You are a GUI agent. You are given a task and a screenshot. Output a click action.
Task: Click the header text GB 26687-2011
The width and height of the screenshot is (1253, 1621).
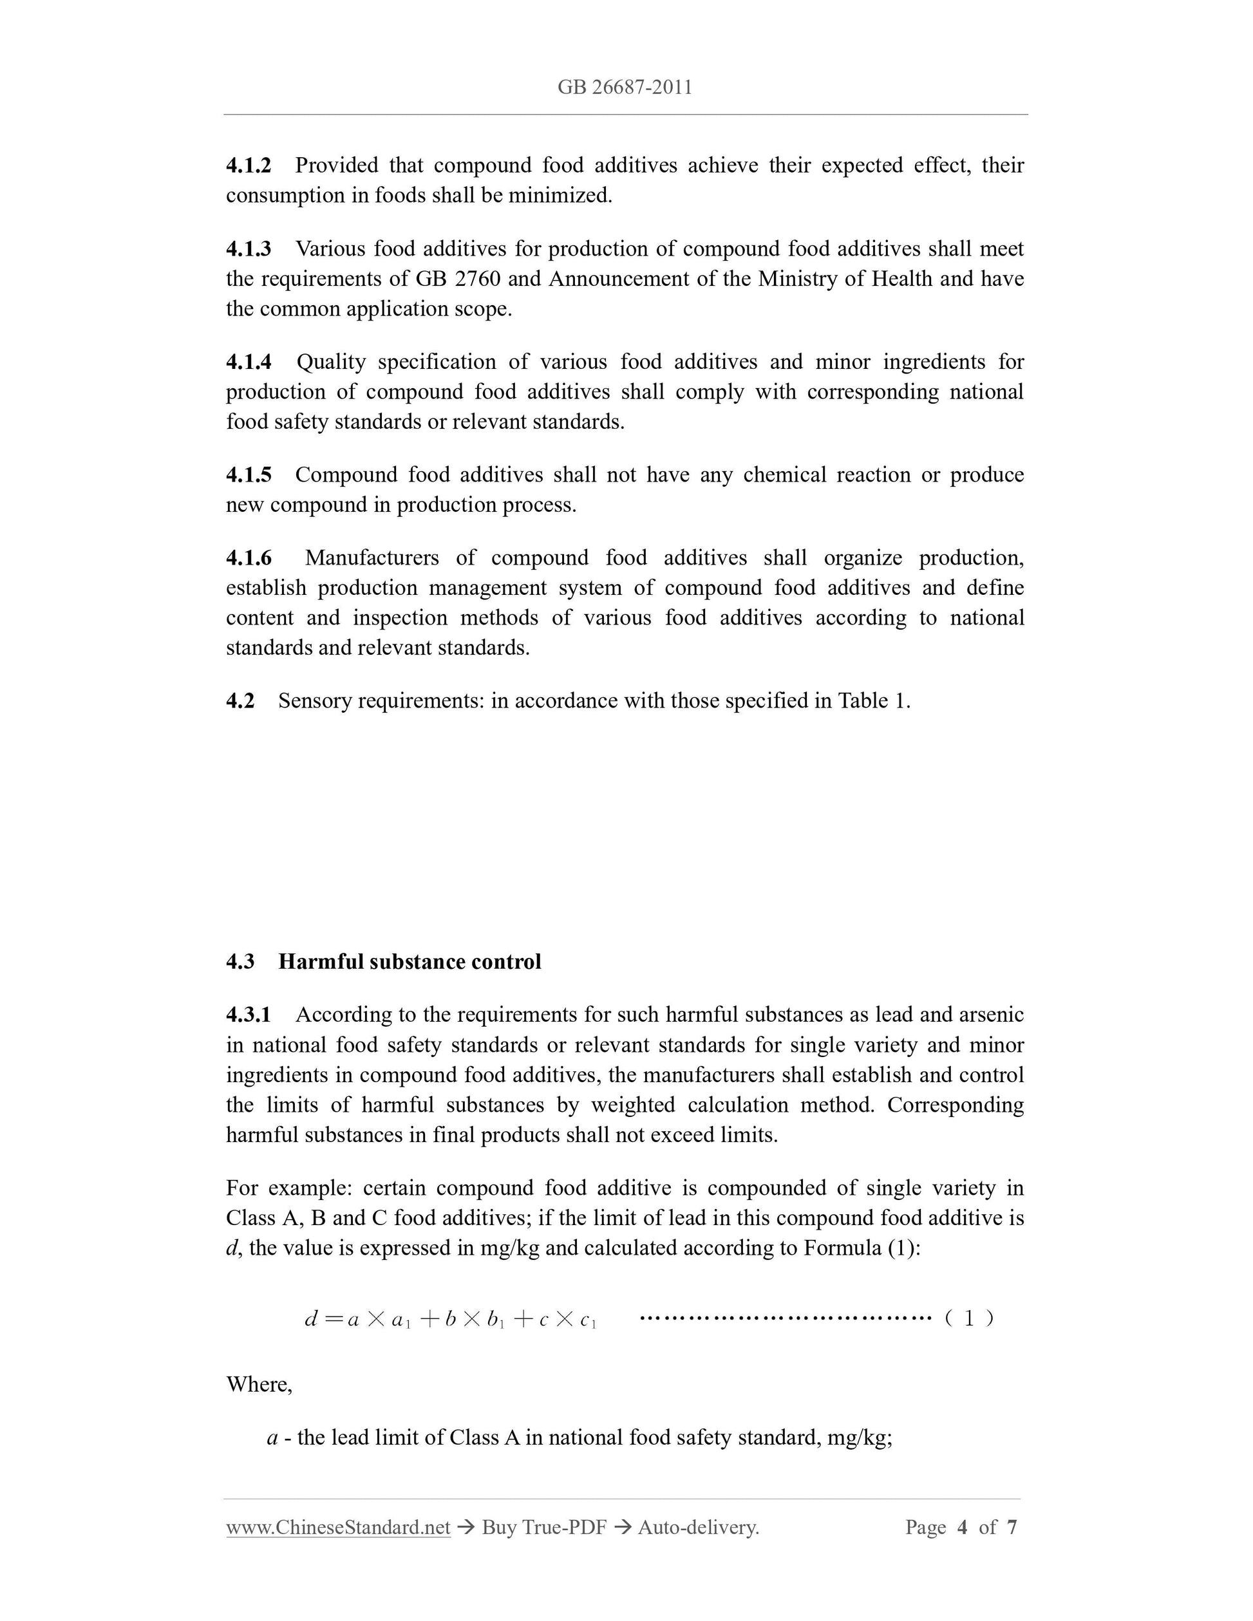click(x=625, y=88)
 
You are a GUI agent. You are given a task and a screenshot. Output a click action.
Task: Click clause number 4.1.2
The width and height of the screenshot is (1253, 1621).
click(x=249, y=165)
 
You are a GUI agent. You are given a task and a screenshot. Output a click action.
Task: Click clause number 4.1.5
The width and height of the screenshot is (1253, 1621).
click(x=249, y=474)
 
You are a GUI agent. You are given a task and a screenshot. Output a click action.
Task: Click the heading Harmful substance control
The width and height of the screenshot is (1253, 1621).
click(x=409, y=961)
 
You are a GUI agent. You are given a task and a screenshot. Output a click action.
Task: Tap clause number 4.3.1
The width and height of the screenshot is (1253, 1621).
click(x=249, y=1015)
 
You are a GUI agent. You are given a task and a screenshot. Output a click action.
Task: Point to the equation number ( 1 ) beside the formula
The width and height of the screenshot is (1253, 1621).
click(x=968, y=1318)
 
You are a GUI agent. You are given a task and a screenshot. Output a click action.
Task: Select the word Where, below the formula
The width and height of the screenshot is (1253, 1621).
click(x=259, y=1384)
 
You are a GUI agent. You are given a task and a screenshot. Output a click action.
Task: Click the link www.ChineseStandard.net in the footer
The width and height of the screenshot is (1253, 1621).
click(x=338, y=1527)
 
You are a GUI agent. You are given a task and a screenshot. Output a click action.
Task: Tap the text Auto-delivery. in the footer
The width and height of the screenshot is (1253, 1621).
click(x=699, y=1527)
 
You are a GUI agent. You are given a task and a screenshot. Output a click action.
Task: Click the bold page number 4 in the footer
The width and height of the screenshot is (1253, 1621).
click(x=962, y=1527)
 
